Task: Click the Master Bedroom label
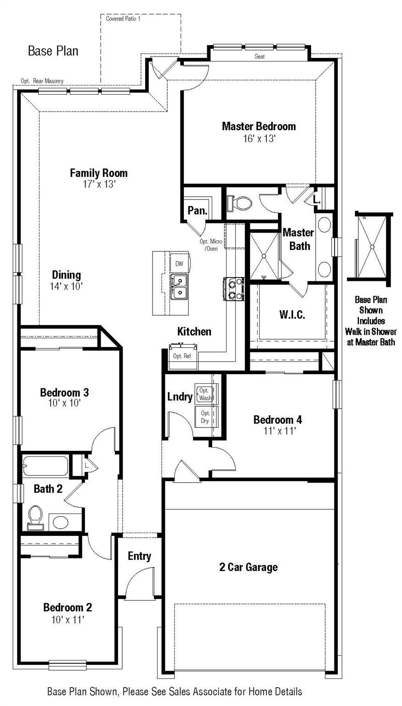click(x=259, y=126)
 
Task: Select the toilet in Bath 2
click(x=34, y=517)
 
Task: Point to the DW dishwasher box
click(x=179, y=264)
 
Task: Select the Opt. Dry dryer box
click(x=205, y=417)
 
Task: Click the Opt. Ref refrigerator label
click(x=178, y=356)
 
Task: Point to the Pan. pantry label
click(x=198, y=211)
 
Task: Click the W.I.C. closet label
click(x=292, y=315)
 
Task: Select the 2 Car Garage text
click(x=248, y=567)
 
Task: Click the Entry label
click(x=139, y=556)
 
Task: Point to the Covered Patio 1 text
click(x=123, y=19)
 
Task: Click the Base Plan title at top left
click(x=53, y=51)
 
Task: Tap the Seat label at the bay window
click(x=260, y=57)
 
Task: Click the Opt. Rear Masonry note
click(x=42, y=81)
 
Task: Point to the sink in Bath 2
click(x=59, y=522)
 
